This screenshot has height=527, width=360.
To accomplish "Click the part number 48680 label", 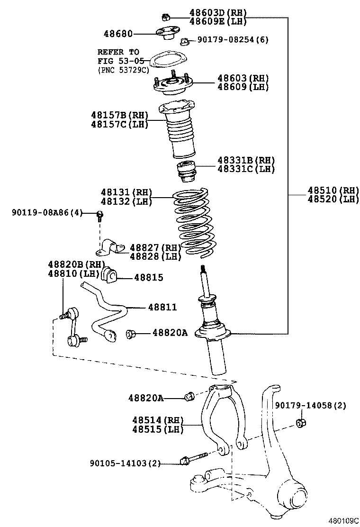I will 118,34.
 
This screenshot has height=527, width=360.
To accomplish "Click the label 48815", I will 148,278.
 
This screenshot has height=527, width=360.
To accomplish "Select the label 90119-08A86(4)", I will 47,213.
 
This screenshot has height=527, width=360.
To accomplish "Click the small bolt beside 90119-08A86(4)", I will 100,216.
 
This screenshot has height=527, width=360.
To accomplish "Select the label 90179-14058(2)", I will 311,406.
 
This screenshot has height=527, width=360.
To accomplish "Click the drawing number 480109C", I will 344,520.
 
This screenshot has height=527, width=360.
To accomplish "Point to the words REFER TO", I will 118,52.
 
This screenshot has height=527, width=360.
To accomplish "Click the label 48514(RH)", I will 151,420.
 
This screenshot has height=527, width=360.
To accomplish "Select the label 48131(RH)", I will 126,192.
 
